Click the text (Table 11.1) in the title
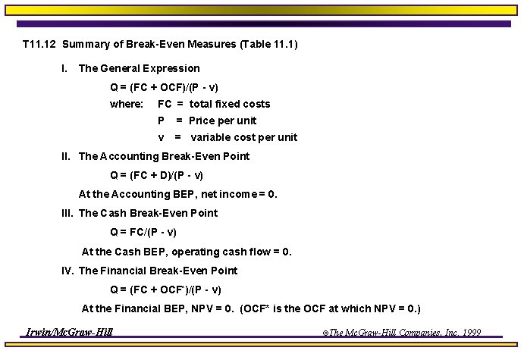pyautogui.click(x=268, y=44)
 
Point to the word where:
pyautogui.click(x=127, y=104)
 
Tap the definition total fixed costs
pyautogui.click(x=230, y=104)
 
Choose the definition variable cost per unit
pyautogui.click(x=243, y=137)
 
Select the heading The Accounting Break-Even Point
pyautogui.click(x=164, y=156)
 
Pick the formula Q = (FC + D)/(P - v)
pyautogui.click(x=156, y=175)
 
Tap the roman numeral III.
pyautogui.click(x=67, y=213)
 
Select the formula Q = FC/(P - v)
pyautogui.click(x=143, y=232)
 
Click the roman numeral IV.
pyautogui.click(x=68, y=271)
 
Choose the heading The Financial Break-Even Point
pyautogui.click(x=158, y=271)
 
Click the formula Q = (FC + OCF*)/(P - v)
pyautogui.click(x=165, y=290)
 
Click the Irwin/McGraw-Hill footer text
pyautogui.click(x=69, y=332)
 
